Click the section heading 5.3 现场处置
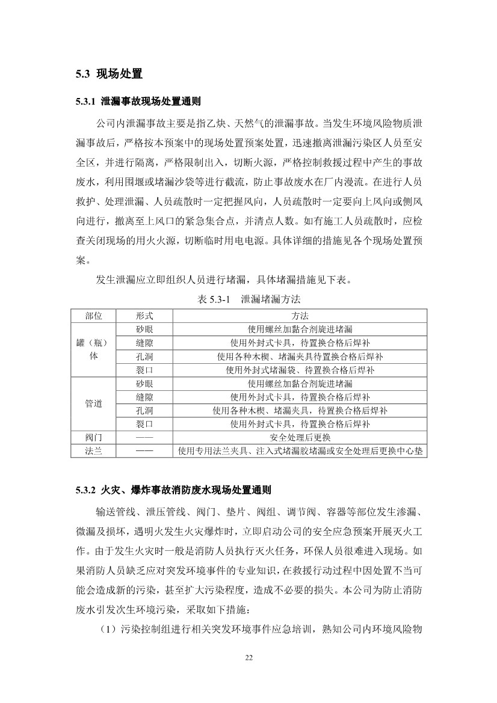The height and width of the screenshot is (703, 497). tap(108, 75)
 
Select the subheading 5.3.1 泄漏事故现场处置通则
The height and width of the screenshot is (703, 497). tap(138, 102)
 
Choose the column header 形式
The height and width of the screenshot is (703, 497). tap(144, 316)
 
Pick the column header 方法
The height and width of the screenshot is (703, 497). tap(300, 316)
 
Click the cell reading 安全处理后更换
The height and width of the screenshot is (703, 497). tap(300, 437)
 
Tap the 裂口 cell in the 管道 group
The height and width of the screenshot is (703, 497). tap(144, 424)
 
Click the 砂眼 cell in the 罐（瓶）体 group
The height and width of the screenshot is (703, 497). tap(144, 329)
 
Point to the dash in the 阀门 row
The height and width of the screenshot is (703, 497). tap(144, 437)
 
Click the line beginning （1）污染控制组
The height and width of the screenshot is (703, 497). tap(259, 629)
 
